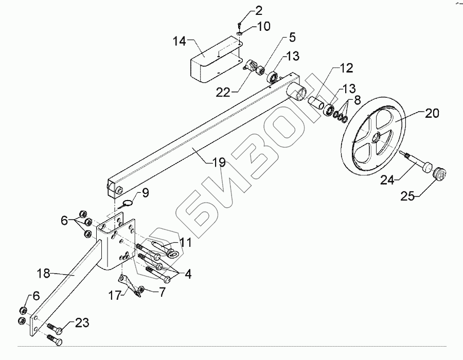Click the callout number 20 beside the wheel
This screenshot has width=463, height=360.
click(x=432, y=114)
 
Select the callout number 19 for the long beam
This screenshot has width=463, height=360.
click(x=219, y=163)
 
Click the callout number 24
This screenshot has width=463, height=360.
click(x=388, y=180)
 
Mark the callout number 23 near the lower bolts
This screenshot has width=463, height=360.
click(x=81, y=323)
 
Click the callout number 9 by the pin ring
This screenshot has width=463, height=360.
click(x=146, y=193)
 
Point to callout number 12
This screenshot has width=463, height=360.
click(x=345, y=68)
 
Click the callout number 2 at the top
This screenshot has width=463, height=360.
click(x=258, y=11)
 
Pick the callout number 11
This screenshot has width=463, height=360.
click(x=186, y=241)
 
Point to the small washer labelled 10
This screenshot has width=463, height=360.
click(x=241, y=34)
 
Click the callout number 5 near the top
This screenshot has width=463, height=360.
click(x=292, y=37)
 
